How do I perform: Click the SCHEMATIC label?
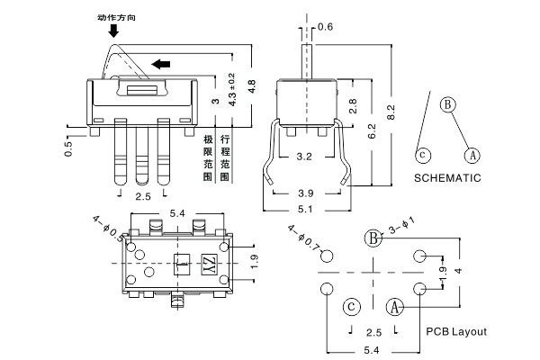pyautogui.click(x=447, y=177)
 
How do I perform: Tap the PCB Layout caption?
pyautogui.click(x=457, y=332)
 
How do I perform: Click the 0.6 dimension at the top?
pyautogui.click(x=326, y=27)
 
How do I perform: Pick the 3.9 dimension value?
pyautogui.click(x=308, y=193)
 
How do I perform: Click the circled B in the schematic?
pyautogui.click(x=446, y=105)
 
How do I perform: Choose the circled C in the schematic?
pyautogui.click(x=421, y=154)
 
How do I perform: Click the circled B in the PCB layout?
pyautogui.click(x=373, y=238)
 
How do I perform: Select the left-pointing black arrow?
pyautogui.click(x=162, y=63)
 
